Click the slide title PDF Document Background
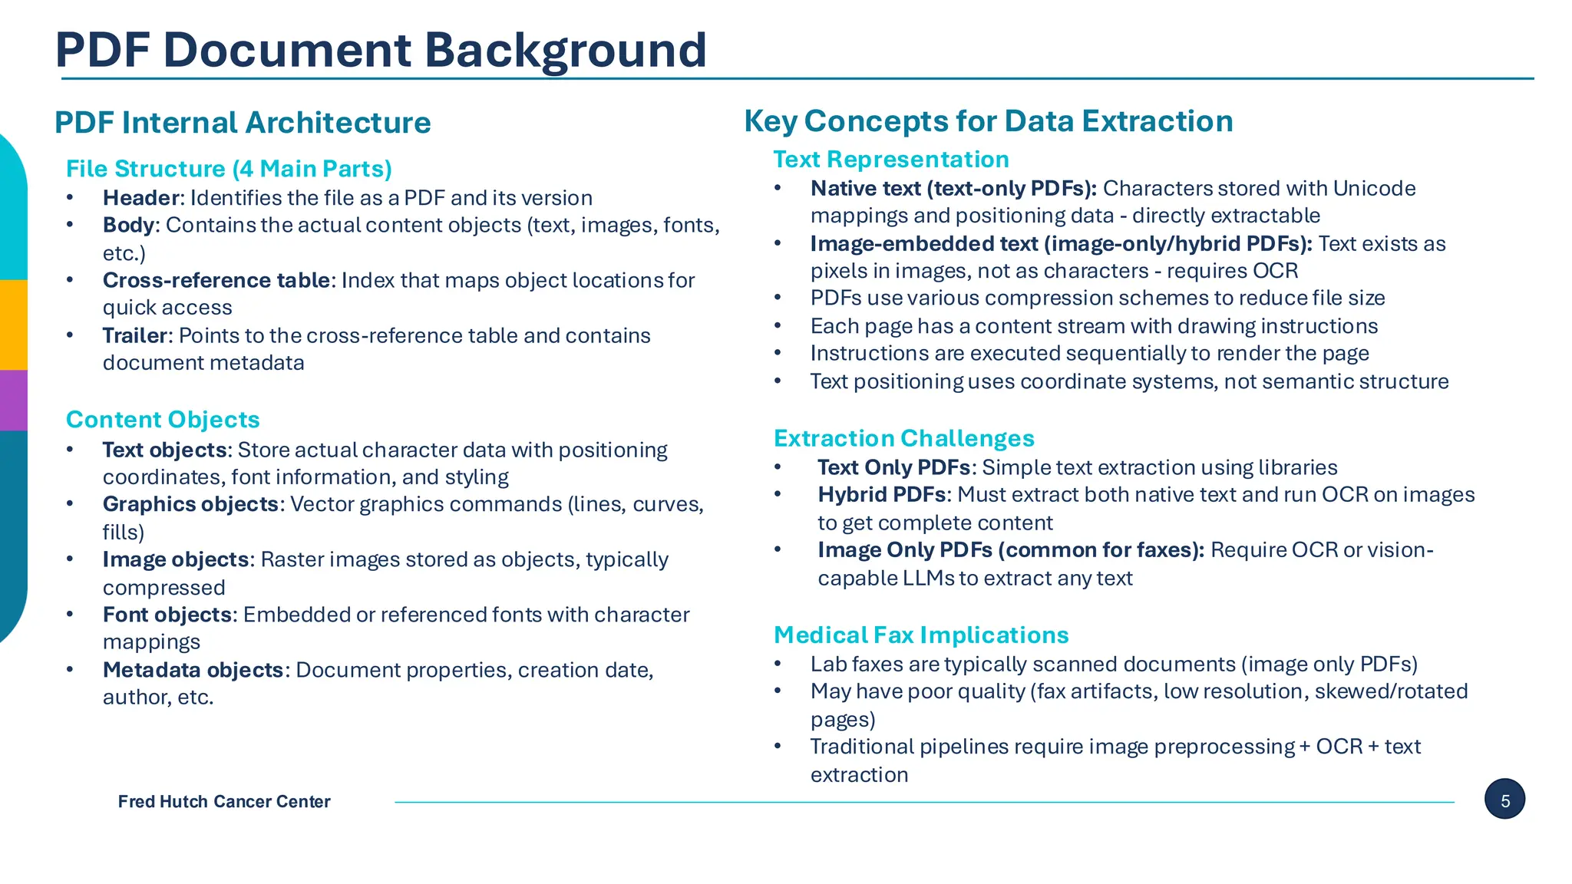click(381, 51)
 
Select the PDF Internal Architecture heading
click(243, 123)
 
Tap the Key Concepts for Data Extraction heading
click(988, 121)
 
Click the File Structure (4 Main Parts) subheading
click(229, 169)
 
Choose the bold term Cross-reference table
click(216, 280)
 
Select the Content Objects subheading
click(163, 420)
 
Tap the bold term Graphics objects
click(191, 504)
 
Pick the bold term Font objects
click(167, 615)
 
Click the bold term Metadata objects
click(193, 670)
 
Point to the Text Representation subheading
click(890, 160)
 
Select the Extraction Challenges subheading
click(903, 438)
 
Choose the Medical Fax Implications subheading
click(921, 635)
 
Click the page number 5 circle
click(1504, 800)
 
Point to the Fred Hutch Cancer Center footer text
click(224, 802)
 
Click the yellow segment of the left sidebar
click(13, 325)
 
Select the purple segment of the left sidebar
click(13, 400)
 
